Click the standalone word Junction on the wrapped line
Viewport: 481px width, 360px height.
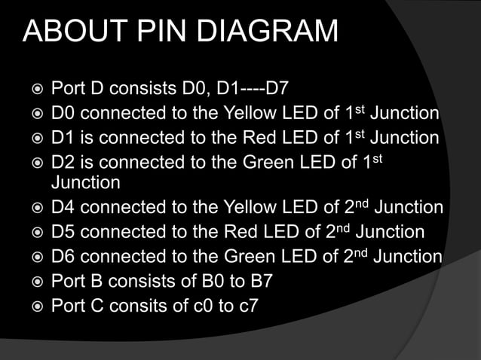(85, 182)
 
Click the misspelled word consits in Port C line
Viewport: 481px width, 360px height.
(143, 307)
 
